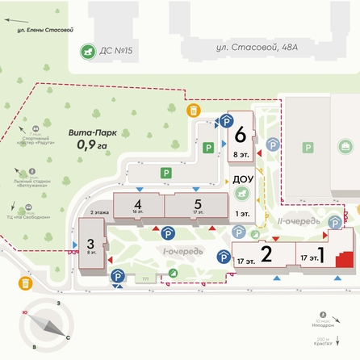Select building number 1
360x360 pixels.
tap(321, 256)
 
